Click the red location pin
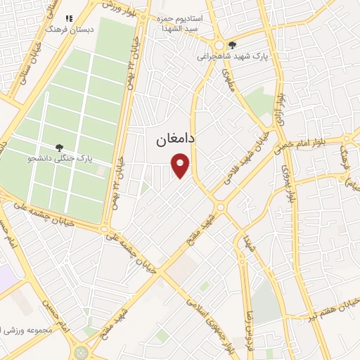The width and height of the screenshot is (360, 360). click(181, 167)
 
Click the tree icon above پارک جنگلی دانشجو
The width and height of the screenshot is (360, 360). click(59, 148)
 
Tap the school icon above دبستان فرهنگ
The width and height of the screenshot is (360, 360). click(69, 19)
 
